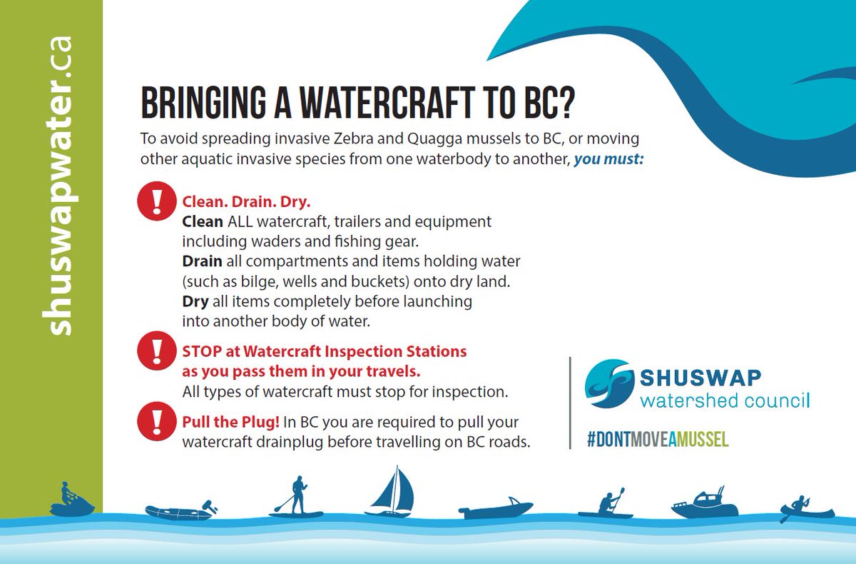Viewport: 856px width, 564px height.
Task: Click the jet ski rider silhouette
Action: pyautogui.click(x=72, y=501)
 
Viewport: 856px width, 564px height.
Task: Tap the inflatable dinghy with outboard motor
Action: pyautogui.click(x=176, y=511)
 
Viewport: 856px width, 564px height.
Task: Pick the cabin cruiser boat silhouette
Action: pyautogui.click(x=704, y=504)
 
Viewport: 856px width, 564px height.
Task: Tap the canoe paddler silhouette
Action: pyautogui.click(x=806, y=508)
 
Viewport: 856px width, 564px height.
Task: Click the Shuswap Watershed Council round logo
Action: pyautogui.click(x=609, y=383)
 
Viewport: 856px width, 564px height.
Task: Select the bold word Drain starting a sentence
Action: pyautogui.click(x=203, y=262)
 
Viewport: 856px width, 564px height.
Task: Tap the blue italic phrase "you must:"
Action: pyautogui.click(x=608, y=159)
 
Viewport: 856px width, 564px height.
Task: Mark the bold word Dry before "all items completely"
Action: pyautogui.click(x=195, y=301)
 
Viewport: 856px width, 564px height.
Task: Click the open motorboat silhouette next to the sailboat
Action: pyautogui.click(x=496, y=508)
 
